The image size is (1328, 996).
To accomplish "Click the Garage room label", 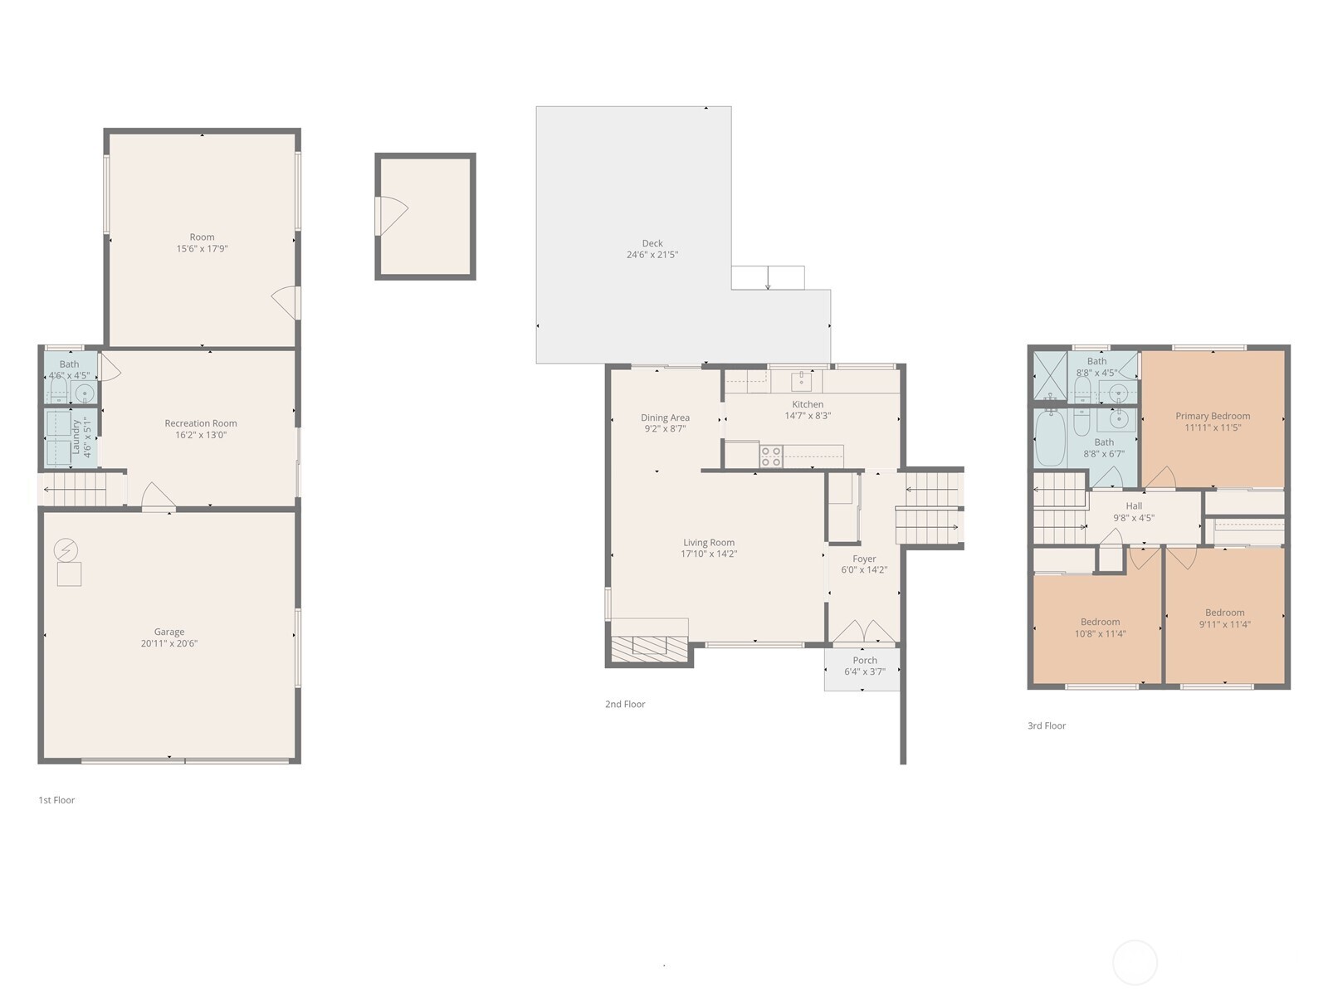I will (169, 632).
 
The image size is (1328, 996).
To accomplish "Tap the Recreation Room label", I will (201, 423).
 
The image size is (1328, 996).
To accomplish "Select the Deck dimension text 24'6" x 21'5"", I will (652, 255).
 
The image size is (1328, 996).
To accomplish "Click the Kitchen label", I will (808, 404).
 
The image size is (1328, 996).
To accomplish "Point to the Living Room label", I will (709, 543).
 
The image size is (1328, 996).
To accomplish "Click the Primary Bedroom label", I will (1213, 416).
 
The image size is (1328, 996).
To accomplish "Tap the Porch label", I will (865, 661).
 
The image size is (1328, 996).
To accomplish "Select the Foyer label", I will (864, 559).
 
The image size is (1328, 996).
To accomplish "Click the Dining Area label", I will (665, 417).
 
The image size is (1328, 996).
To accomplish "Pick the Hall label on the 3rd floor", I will (1134, 506).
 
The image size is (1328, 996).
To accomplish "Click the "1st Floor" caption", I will (56, 800).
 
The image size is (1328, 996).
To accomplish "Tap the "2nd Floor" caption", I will (625, 704).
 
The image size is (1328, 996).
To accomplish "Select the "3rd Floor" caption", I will (1047, 725).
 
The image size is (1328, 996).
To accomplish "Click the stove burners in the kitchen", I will (771, 456).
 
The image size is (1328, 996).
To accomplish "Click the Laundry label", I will (76, 437).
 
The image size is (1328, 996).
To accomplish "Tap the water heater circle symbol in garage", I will (65, 549).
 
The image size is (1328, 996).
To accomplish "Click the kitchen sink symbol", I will (801, 381).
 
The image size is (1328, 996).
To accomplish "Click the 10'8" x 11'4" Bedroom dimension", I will (1101, 633).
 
